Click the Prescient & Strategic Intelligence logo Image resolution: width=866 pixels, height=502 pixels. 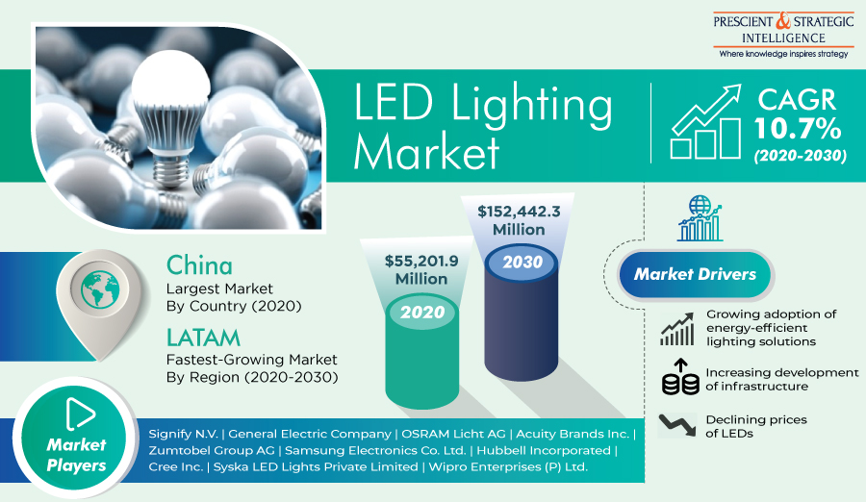coord(783,35)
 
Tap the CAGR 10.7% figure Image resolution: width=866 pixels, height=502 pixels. coord(797,114)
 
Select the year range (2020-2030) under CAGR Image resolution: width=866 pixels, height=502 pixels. coord(800,156)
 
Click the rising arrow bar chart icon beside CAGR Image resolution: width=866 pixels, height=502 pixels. coord(706,121)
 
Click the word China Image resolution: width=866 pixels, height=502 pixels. coord(199,265)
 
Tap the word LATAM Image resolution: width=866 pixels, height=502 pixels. coord(203,338)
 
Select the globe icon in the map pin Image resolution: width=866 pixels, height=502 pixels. coord(99,289)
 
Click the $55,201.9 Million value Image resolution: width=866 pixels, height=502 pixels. coord(421,269)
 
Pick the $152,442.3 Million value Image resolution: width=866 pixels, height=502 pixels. coord(520,220)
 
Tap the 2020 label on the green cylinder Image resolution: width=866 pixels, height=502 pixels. coord(422,313)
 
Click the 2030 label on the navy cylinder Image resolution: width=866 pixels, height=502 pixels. coord(522,262)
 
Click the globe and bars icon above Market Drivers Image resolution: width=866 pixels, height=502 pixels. coord(700,218)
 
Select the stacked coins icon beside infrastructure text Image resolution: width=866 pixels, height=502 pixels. coord(681,377)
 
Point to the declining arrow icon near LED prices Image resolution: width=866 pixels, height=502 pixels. coord(677,425)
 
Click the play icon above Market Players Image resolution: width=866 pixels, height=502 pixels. coord(80,414)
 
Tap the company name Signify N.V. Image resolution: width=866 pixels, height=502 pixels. coord(184,434)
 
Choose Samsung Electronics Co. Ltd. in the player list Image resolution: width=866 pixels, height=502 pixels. coord(375,451)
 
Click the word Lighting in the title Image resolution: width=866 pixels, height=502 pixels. coord(532,105)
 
